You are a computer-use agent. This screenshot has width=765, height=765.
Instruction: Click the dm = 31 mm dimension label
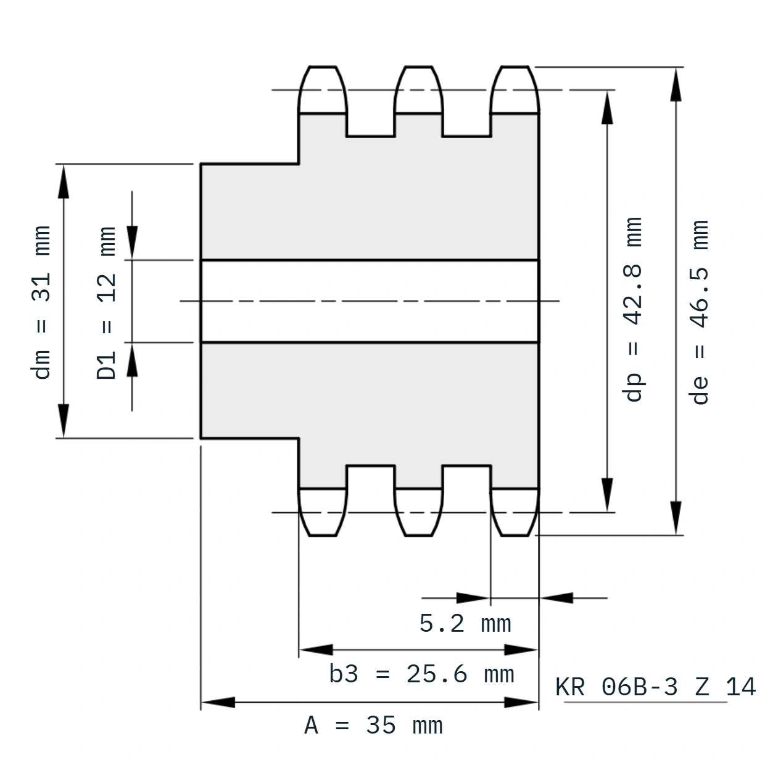(41, 302)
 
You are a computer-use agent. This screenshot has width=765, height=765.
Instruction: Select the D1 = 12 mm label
(106, 303)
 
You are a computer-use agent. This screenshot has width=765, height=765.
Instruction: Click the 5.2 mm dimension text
(465, 623)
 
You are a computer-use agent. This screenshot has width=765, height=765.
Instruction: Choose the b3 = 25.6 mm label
(421, 674)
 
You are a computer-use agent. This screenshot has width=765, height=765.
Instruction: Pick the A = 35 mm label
(373, 726)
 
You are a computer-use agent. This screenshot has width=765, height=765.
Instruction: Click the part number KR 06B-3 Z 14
(655, 687)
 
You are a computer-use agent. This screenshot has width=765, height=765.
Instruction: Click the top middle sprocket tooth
(418, 89)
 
